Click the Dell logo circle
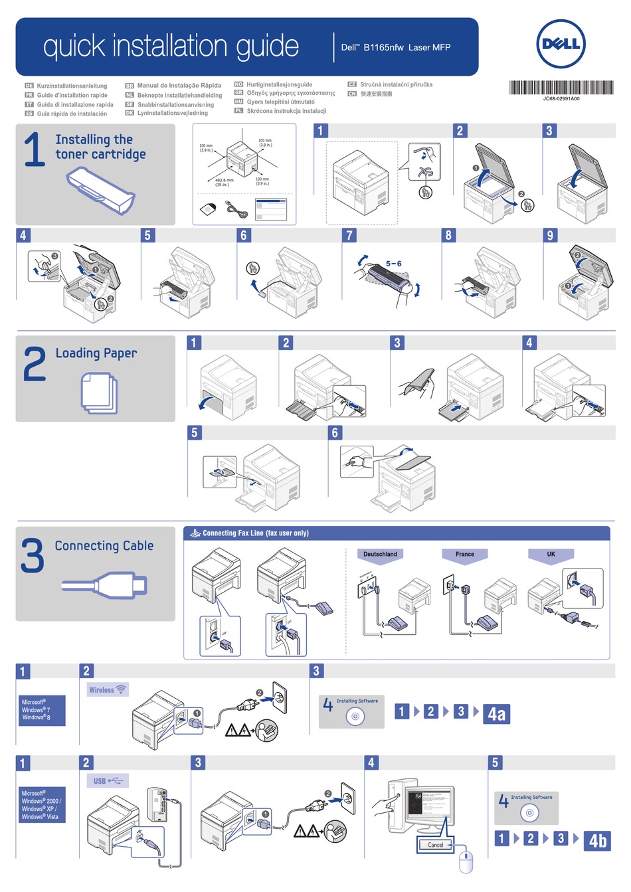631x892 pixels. tap(561, 44)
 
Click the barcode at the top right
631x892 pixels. tap(561, 88)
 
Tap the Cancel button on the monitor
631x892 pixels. tap(435, 845)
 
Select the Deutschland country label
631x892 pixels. tap(381, 554)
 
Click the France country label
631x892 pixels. tap(465, 554)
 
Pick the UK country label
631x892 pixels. tap(551, 554)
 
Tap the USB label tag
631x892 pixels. tap(107, 781)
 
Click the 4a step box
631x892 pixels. tap(496, 714)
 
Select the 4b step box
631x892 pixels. tap(598, 841)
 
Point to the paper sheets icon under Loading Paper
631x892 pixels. tap(99, 393)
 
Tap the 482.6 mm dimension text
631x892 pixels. tap(225, 180)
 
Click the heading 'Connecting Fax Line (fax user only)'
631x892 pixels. tap(255, 533)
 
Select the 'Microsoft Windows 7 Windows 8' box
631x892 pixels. tap(42, 710)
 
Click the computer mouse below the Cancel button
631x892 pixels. tap(466, 861)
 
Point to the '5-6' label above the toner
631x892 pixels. tap(394, 264)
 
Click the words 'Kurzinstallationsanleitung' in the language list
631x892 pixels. tap(72, 86)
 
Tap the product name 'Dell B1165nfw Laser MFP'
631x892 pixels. tap(396, 47)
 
